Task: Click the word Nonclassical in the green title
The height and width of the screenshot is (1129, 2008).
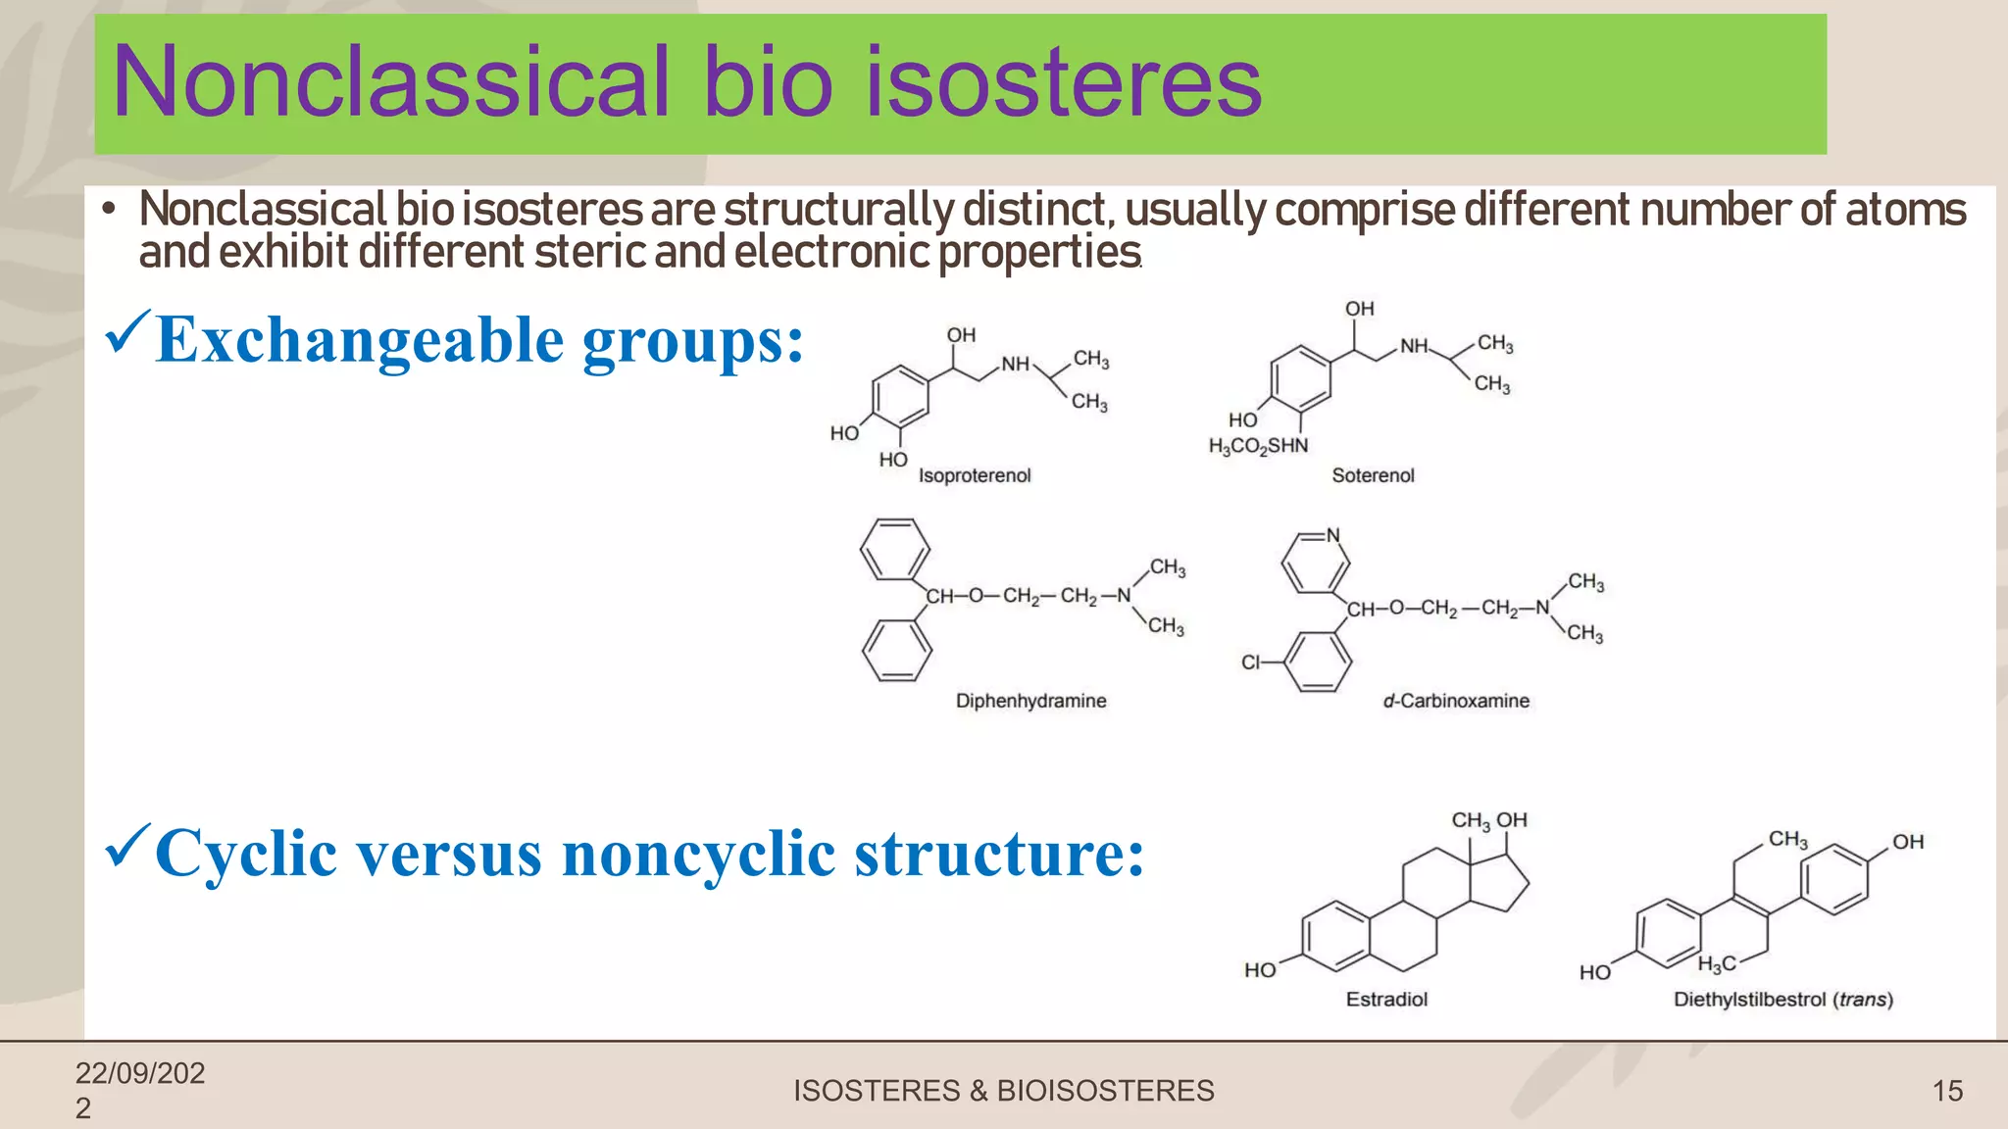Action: point(390,82)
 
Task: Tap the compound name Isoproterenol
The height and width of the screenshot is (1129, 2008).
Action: point(974,475)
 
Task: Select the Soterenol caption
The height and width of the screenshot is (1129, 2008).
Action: point(1372,475)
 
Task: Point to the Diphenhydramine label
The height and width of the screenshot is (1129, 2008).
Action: point(1030,701)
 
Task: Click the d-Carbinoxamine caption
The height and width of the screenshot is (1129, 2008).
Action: point(1455,701)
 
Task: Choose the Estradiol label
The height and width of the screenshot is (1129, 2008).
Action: point(1385,1000)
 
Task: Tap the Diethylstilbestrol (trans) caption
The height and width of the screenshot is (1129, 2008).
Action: point(1782,1000)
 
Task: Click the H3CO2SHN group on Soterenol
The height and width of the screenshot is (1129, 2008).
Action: point(1258,447)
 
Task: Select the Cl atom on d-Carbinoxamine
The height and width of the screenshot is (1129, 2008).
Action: point(1250,663)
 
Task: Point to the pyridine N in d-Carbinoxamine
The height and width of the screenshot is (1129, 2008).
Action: point(1332,535)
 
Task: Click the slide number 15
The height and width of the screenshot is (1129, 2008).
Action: point(1947,1091)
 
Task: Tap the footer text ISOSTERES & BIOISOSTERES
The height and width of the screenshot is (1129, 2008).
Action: point(1003,1091)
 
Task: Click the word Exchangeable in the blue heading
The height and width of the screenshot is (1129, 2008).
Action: point(360,341)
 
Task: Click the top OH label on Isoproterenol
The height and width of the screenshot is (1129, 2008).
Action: point(961,335)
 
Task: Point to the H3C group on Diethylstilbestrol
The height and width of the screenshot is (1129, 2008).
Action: point(1716,964)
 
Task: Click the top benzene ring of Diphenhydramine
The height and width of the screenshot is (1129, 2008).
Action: point(895,550)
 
